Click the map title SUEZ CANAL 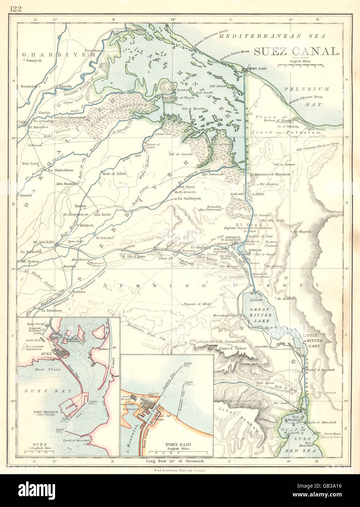[296, 52]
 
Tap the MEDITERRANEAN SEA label [272, 36]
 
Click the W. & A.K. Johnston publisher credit [180, 471]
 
